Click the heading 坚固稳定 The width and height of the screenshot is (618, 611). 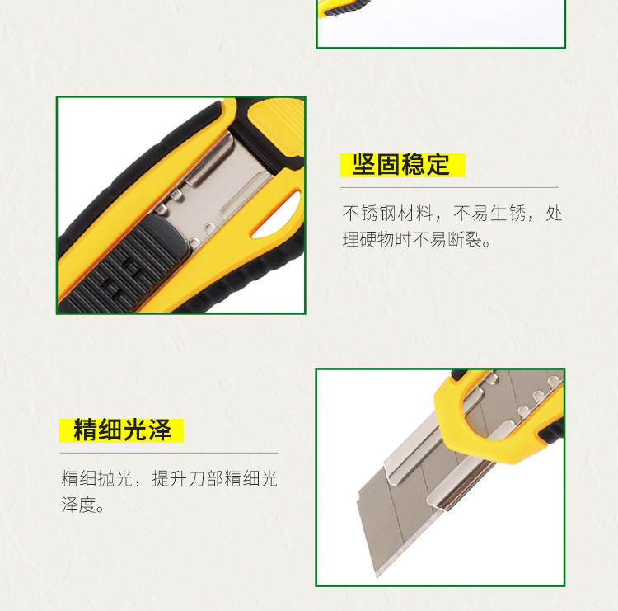pos(400,164)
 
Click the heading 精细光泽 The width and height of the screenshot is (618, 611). pos(122,430)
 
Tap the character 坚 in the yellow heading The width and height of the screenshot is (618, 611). pos(363,164)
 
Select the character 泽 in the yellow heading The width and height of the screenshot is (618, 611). pos(160,430)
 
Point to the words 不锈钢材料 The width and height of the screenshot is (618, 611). pos(387,214)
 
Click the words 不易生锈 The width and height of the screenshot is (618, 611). pos(489,214)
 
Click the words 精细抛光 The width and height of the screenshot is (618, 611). pos(97,478)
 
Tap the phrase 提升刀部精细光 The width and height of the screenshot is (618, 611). pos(215,478)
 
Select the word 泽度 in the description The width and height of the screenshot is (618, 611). pos(79,505)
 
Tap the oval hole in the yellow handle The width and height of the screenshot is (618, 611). pos(277,215)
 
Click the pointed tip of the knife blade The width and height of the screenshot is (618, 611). pos(377,576)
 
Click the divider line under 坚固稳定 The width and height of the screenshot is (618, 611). pos(450,188)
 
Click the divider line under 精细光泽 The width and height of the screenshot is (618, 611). pos(169,454)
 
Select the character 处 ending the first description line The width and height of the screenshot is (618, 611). pos(554,214)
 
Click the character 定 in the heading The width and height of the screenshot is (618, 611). pos(438,164)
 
